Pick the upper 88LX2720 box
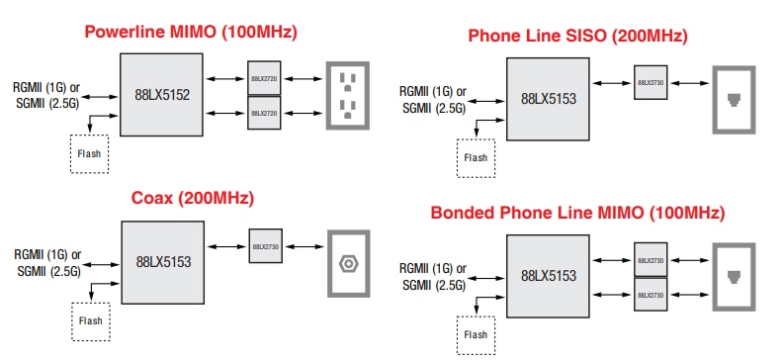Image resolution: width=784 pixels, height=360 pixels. (x=264, y=78)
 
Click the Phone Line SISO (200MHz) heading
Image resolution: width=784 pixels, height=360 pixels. (x=577, y=37)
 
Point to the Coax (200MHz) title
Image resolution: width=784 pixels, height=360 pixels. (x=193, y=198)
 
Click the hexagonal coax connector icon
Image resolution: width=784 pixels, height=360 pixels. (x=347, y=263)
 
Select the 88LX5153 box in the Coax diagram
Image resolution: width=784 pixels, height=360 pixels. (x=162, y=262)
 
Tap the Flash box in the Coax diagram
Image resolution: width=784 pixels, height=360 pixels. (x=90, y=320)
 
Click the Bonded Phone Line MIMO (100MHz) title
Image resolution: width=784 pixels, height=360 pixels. (x=577, y=213)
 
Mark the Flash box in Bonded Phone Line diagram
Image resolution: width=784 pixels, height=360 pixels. (x=476, y=334)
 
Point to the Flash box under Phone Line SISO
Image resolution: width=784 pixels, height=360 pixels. (x=476, y=157)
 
